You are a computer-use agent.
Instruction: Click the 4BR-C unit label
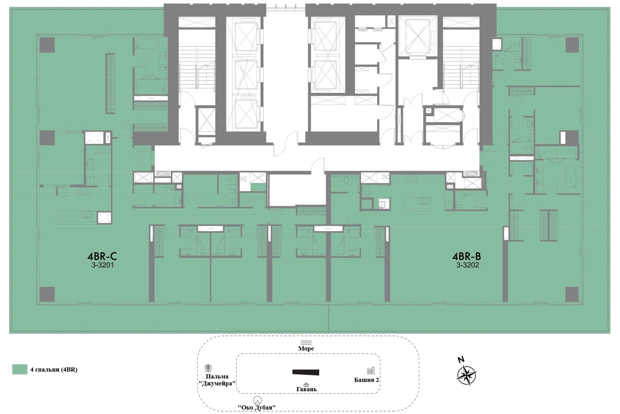click(x=102, y=256)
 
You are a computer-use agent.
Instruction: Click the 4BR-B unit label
click(x=467, y=256)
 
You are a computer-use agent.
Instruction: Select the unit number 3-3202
click(x=468, y=265)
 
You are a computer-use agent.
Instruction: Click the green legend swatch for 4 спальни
click(x=20, y=369)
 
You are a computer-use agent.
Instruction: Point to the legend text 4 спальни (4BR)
click(x=54, y=370)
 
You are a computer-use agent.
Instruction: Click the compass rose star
click(x=467, y=375)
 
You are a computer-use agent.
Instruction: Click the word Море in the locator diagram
click(x=306, y=348)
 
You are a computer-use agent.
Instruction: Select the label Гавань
click(x=307, y=389)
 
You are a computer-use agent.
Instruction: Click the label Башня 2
click(x=367, y=380)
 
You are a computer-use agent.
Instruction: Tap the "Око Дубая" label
click(x=257, y=407)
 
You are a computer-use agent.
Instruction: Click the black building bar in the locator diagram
click(x=306, y=372)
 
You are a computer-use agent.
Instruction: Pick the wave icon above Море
click(x=306, y=342)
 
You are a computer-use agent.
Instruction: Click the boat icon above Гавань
click(x=306, y=384)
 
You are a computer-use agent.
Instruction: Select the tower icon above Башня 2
click(x=371, y=371)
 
